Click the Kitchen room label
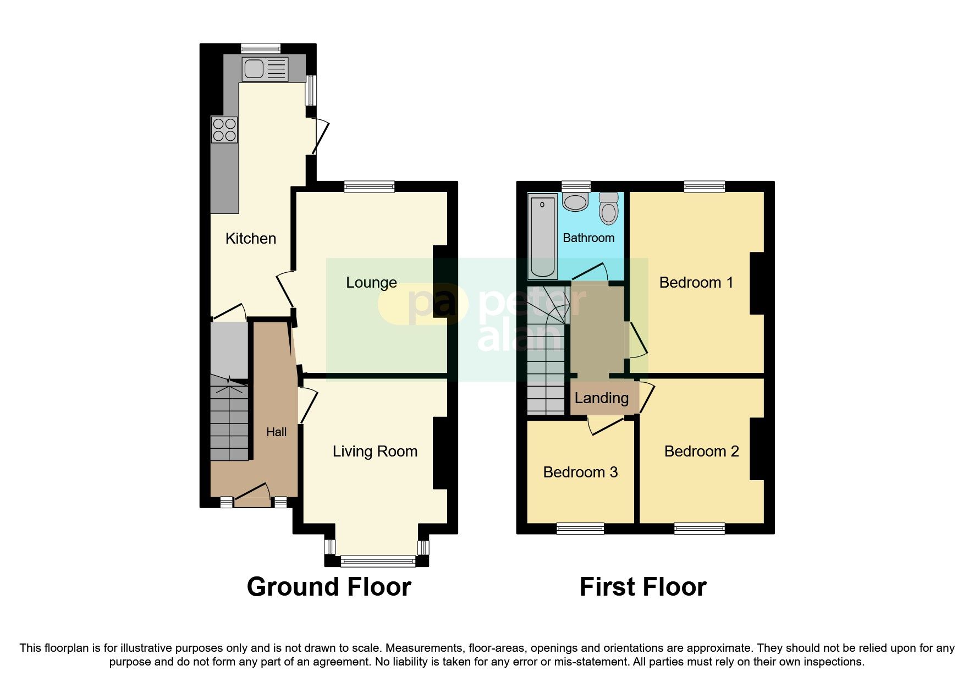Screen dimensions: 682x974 pos(251,238)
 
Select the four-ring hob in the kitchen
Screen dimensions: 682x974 pos(224,130)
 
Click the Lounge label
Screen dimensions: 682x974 pos(371,282)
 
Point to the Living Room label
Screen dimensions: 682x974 pos(375,451)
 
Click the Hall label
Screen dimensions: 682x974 pos(276,432)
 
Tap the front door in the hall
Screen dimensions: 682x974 pos(252,496)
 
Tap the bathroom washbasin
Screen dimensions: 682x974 pos(576,202)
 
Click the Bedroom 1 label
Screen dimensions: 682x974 pos(696,282)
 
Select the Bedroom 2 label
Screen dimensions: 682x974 pos(701,451)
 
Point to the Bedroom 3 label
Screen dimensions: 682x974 pos(580,472)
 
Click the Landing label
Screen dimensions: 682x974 pos(601,398)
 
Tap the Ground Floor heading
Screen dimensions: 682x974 pos(329,587)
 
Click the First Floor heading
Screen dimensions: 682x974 pos(642,587)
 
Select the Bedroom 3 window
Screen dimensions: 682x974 pos(580,529)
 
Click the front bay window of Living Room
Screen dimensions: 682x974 pos(378,562)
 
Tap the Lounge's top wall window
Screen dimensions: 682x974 pos(369,187)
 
